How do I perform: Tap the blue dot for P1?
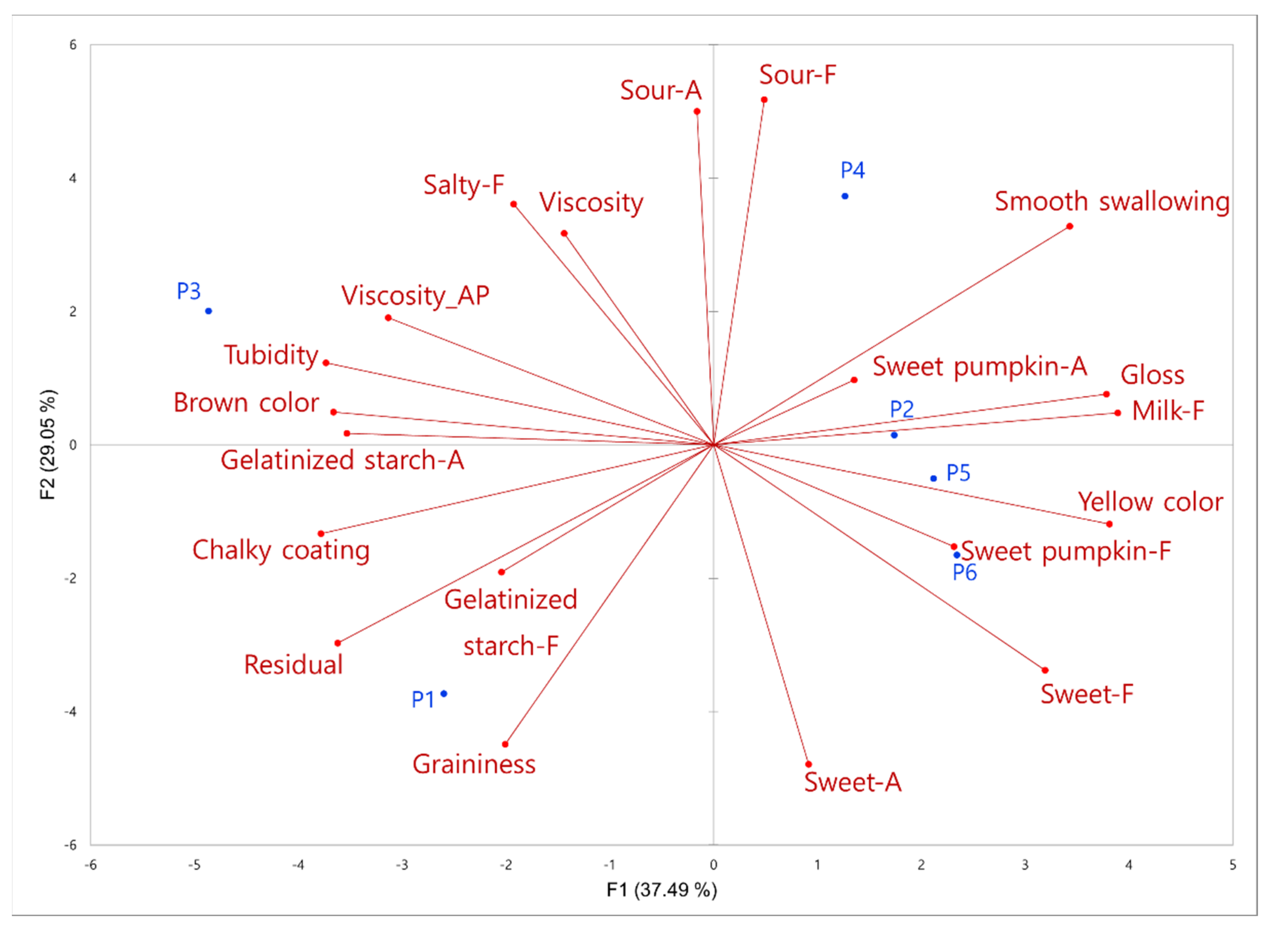click(x=444, y=694)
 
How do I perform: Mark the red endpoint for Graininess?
click(x=505, y=744)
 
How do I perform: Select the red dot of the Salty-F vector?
click(x=514, y=205)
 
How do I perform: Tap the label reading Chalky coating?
click(x=281, y=550)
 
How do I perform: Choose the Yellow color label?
click(x=1150, y=502)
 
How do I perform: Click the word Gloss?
click(x=1152, y=376)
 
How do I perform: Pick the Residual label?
click(x=293, y=665)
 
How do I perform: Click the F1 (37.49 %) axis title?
click(x=661, y=890)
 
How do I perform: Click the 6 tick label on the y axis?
click(x=73, y=45)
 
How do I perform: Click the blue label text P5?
click(x=958, y=473)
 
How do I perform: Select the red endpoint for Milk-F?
click(x=1118, y=413)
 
